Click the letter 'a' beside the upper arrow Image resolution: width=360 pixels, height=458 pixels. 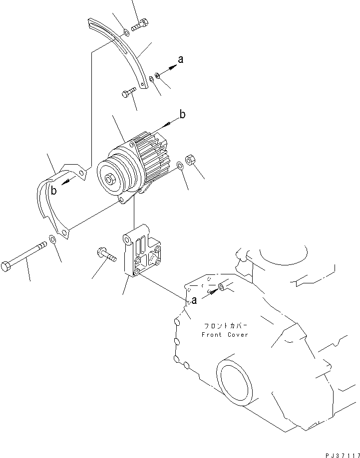click(x=181, y=59)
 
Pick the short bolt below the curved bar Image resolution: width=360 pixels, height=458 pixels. click(x=129, y=92)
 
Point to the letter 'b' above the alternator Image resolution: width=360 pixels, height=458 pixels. click(x=183, y=115)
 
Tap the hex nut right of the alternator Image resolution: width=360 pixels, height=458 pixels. click(x=190, y=161)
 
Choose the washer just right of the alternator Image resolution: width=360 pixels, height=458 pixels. click(x=180, y=165)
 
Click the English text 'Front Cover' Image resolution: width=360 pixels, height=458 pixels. click(x=225, y=335)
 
